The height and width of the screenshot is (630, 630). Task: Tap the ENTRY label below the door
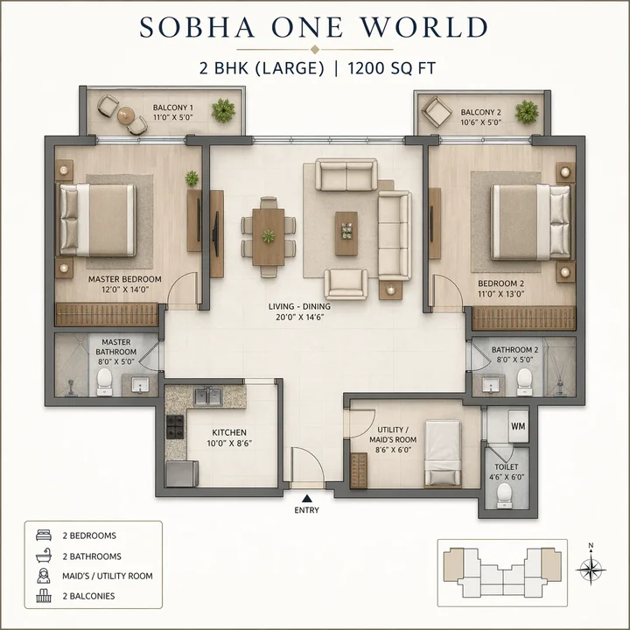(306, 510)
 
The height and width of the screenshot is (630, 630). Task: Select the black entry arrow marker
(306, 498)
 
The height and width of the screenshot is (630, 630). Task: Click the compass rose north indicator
(591, 567)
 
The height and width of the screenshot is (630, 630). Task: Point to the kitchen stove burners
(174, 428)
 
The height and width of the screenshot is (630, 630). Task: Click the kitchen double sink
(207, 396)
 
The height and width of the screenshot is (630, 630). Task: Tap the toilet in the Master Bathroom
(104, 379)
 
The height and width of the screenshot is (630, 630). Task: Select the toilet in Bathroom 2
(525, 379)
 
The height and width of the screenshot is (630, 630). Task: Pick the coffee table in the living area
(346, 232)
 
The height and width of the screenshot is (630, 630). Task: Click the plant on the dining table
(268, 234)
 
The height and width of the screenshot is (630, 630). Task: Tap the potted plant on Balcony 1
(225, 111)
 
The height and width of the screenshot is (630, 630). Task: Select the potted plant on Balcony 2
(526, 111)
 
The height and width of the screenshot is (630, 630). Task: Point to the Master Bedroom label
(124, 279)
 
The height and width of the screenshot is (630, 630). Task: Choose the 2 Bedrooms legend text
(89, 535)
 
